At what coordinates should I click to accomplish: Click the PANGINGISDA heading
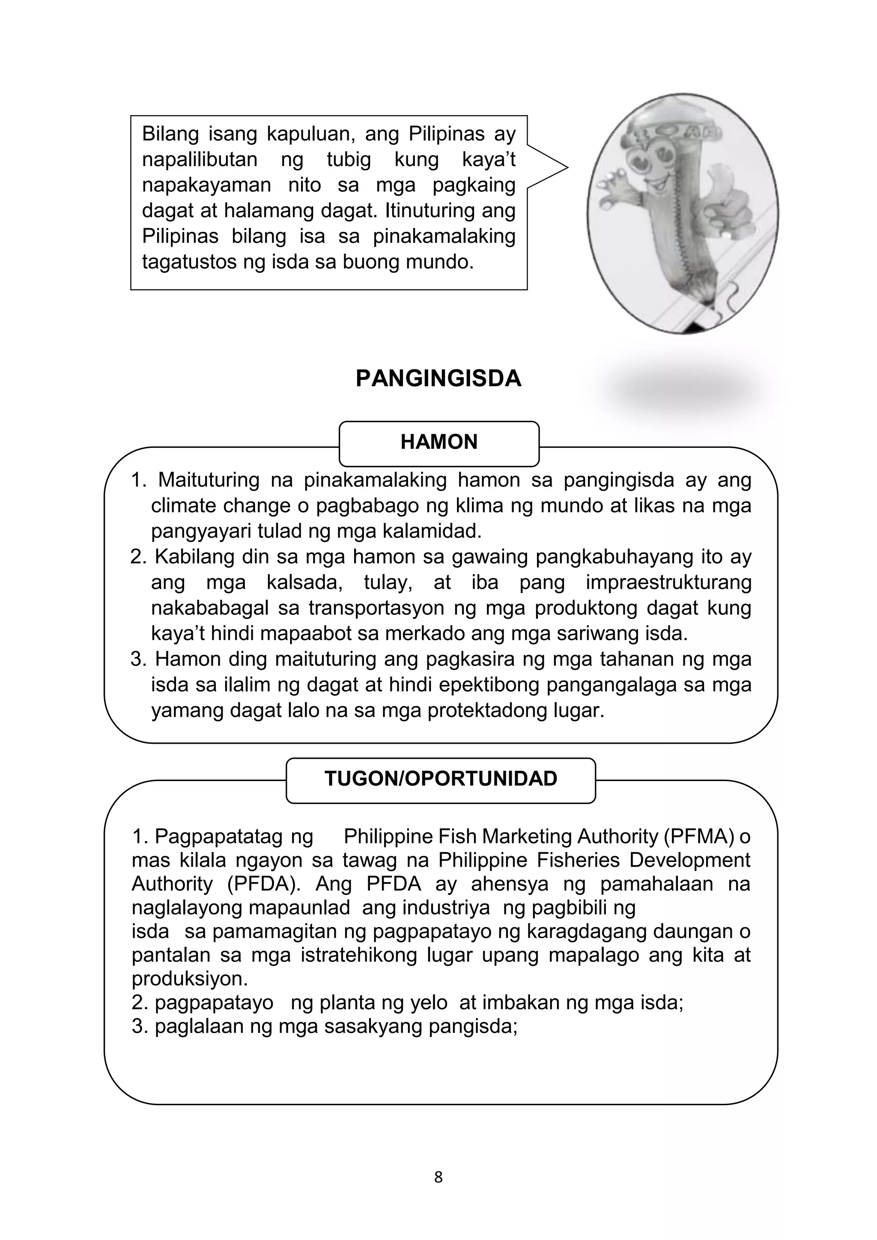(x=438, y=379)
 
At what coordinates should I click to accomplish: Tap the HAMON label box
(x=438, y=442)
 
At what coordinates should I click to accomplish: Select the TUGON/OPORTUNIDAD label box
(x=440, y=779)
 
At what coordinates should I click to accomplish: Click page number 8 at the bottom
(x=438, y=1192)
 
